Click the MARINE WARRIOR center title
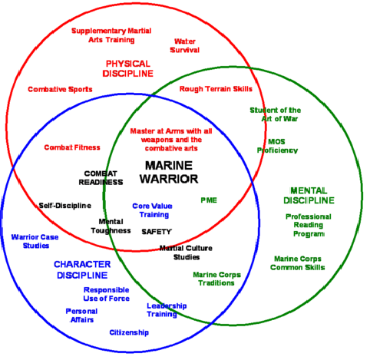pyautogui.click(x=170, y=172)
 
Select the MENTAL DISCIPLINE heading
pyautogui.click(x=311, y=195)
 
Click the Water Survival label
pyautogui.click(x=187, y=45)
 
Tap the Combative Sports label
pyautogui.click(x=61, y=89)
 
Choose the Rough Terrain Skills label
pyautogui.click(x=216, y=89)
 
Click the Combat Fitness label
pyautogui.click(x=71, y=147)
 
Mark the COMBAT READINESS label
pyautogui.click(x=104, y=177)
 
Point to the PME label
pyautogui.click(x=209, y=200)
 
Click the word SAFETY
pyautogui.click(x=157, y=230)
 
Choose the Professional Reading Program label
pyautogui.click(x=308, y=225)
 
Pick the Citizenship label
pyautogui.click(x=129, y=332)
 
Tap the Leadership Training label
pyautogui.click(x=167, y=309)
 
